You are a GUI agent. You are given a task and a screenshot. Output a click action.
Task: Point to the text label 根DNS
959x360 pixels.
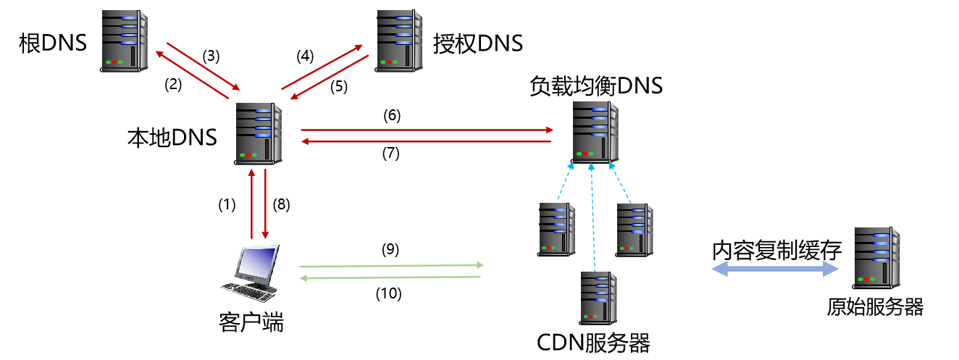point(53,43)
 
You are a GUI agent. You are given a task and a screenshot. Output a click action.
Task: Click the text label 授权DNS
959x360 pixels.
point(477,43)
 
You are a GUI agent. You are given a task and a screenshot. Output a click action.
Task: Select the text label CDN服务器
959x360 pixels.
point(593,342)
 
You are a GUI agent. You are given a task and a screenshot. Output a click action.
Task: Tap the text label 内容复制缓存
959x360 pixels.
point(776,251)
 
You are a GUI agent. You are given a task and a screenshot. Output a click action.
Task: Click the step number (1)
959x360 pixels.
point(227,205)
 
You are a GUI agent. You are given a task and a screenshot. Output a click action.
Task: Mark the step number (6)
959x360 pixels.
point(391,115)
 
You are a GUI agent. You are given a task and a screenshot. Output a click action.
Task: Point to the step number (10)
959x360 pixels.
point(388,294)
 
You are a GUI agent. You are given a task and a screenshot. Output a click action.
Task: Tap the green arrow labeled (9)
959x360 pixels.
point(391,266)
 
